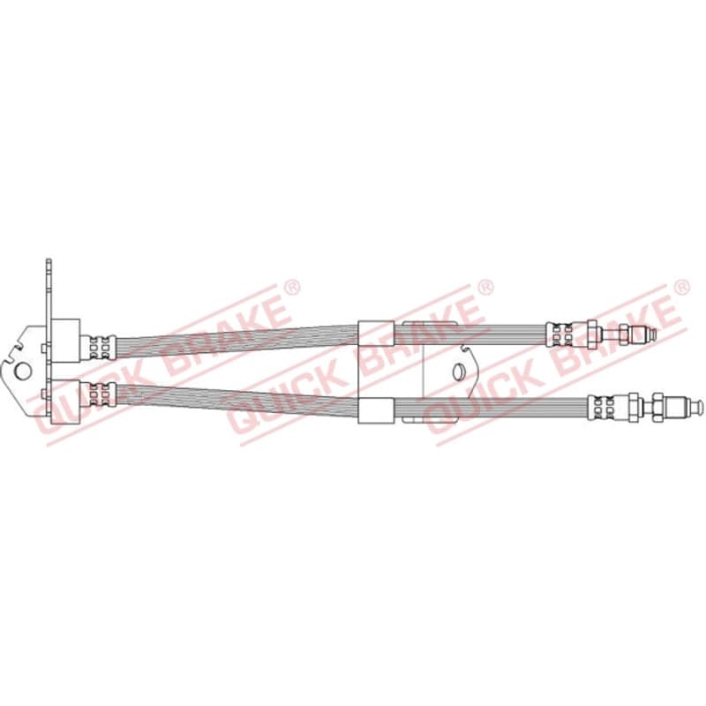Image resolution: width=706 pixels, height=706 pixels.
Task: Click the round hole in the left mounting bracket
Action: (x=23, y=371)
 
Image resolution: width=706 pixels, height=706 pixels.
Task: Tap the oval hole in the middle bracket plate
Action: (x=458, y=372)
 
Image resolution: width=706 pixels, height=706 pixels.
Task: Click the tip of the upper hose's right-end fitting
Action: (x=654, y=334)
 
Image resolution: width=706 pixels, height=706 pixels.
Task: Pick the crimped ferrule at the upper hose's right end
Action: (x=560, y=334)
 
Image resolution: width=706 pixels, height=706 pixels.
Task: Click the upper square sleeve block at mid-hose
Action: (x=376, y=333)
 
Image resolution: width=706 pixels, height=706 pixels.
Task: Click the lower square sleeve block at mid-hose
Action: (x=376, y=410)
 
